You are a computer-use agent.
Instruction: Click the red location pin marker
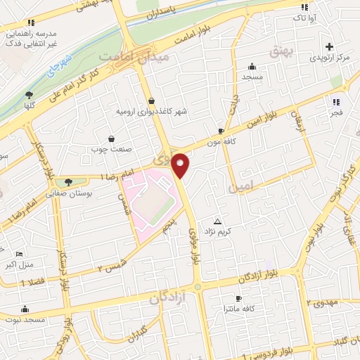[x=181, y=166]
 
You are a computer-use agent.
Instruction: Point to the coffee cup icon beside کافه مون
[x=221, y=131]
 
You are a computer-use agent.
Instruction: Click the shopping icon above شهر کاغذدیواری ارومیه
[x=152, y=101]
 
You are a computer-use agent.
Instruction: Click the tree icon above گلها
[x=29, y=95]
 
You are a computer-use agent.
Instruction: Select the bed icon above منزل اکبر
[x=19, y=254]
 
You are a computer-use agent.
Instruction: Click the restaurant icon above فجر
[x=336, y=100]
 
